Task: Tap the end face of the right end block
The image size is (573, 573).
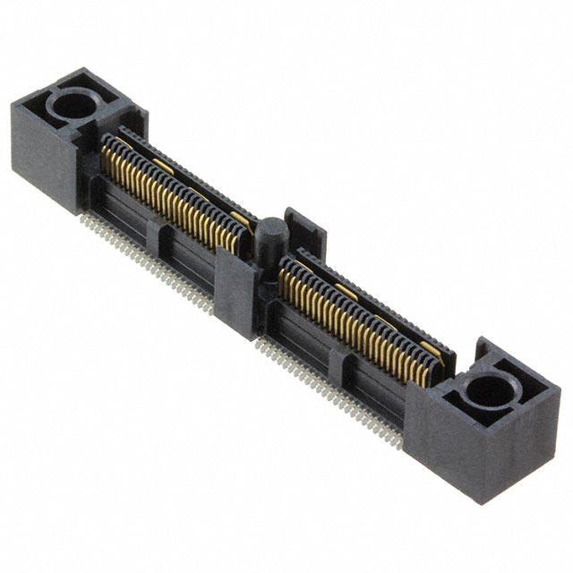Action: click(x=528, y=430)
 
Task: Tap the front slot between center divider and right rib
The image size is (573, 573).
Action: click(x=295, y=337)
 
